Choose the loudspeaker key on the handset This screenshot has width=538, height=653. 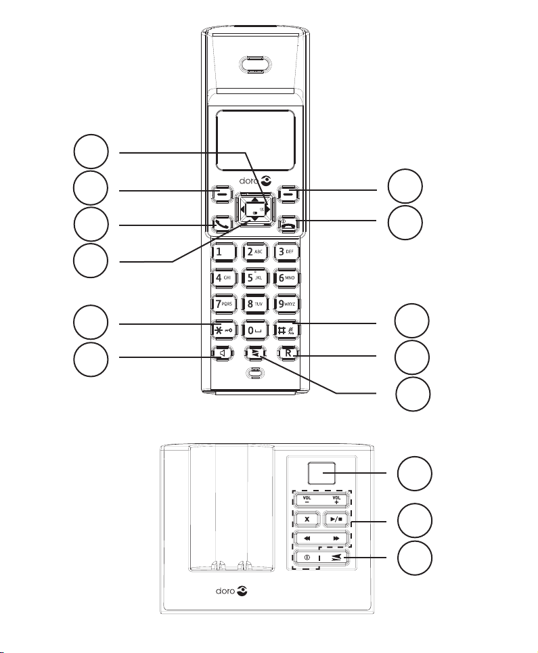pos(223,353)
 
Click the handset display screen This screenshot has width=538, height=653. pos(256,141)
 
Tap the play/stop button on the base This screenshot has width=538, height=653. pos(336,520)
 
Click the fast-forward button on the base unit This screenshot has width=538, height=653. pos(336,539)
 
